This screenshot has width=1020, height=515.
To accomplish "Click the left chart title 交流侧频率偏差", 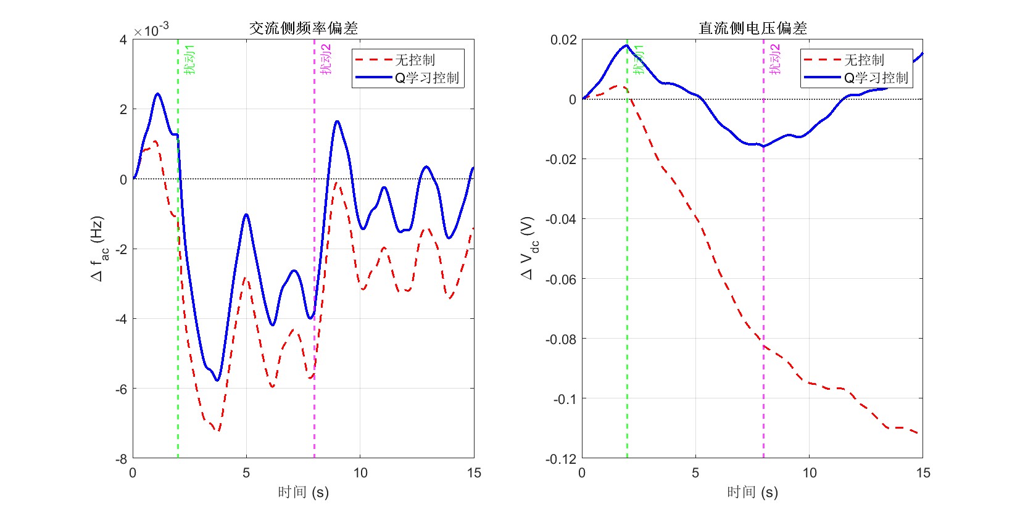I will pyautogui.click(x=303, y=28).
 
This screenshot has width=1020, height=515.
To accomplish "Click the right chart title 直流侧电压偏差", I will pyautogui.click(x=752, y=28).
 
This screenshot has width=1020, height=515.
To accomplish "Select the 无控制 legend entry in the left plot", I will pyautogui.click(x=415, y=60).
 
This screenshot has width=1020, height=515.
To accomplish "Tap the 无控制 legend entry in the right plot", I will pyautogui.click(x=864, y=60).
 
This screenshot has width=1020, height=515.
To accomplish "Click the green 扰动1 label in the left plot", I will pyautogui.click(x=190, y=60).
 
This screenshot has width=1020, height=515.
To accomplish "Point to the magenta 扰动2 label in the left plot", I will pyautogui.click(x=326, y=60).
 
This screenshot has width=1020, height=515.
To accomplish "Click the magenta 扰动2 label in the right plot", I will pyautogui.click(x=775, y=60).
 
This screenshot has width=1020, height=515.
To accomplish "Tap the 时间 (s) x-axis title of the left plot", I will pyautogui.click(x=303, y=492).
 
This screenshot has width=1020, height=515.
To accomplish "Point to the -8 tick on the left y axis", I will pyautogui.click(x=122, y=459).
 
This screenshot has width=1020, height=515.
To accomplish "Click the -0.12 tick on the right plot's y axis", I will pyautogui.click(x=561, y=459).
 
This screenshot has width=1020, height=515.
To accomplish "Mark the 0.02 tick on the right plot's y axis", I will pyautogui.click(x=563, y=40).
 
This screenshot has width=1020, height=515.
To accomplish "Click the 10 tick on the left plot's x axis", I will pyautogui.click(x=360, y=473).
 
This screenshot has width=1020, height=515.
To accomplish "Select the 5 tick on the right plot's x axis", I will pyautogui.click(x=695, y=473).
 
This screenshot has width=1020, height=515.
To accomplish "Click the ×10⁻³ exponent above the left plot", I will pyautogui.click(x=152, y=30).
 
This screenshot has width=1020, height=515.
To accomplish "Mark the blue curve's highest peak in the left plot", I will pyautogui.click(x=157, y=94).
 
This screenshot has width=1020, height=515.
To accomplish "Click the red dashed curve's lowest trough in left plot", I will pyautogui.click(x=217, y=430).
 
